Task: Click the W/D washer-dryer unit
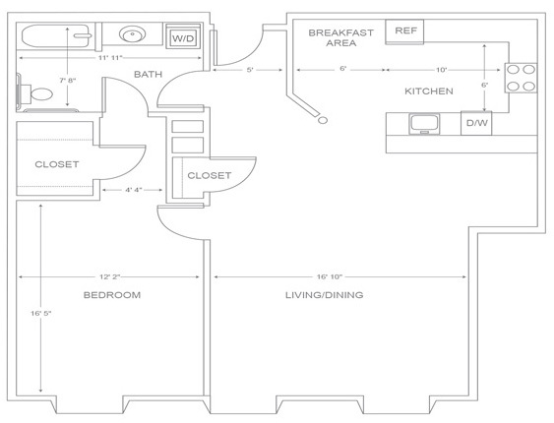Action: pyautogui.click(x=183, y=35)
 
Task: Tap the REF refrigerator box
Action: pyautogui.click(x=404, y=31)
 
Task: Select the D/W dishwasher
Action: pyautogui.click(x=476, y=123)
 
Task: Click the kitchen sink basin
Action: pyautogui.click(x=425, y=123)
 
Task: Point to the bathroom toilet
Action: pyautogui.click(x=35, y=93)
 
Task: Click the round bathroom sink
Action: pyautogui.click(x=133, y=34)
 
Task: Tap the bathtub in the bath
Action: pyautogui.click(x=56, y=35)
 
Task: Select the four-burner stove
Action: pyautogui.click(x=521, y=78)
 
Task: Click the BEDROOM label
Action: pyautogui.click(x=112, y=295)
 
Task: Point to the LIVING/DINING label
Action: pyautogui.click(x=325, y=295)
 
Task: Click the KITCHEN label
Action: pyautogui.click(x=429, y=91)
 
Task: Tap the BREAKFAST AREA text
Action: pyautogui.click(x=340, y=37)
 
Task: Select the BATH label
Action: pyautogui.click(x=148, y=74)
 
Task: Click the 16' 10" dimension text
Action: pyautogui.click(x=330, y=276)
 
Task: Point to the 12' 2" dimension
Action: pyautogui.click(x=110, y=276)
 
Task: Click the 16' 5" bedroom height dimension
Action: pyautogui.click(x=41, y=313)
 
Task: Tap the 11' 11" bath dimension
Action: pyautogui.click(x=110, y=58)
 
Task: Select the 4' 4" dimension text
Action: pyautogui.click(x=134, y=190)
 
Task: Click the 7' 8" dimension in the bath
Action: pyautogui.click(x=68, y=80)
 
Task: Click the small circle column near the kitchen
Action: pyautogui.click(x=323, y=120)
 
